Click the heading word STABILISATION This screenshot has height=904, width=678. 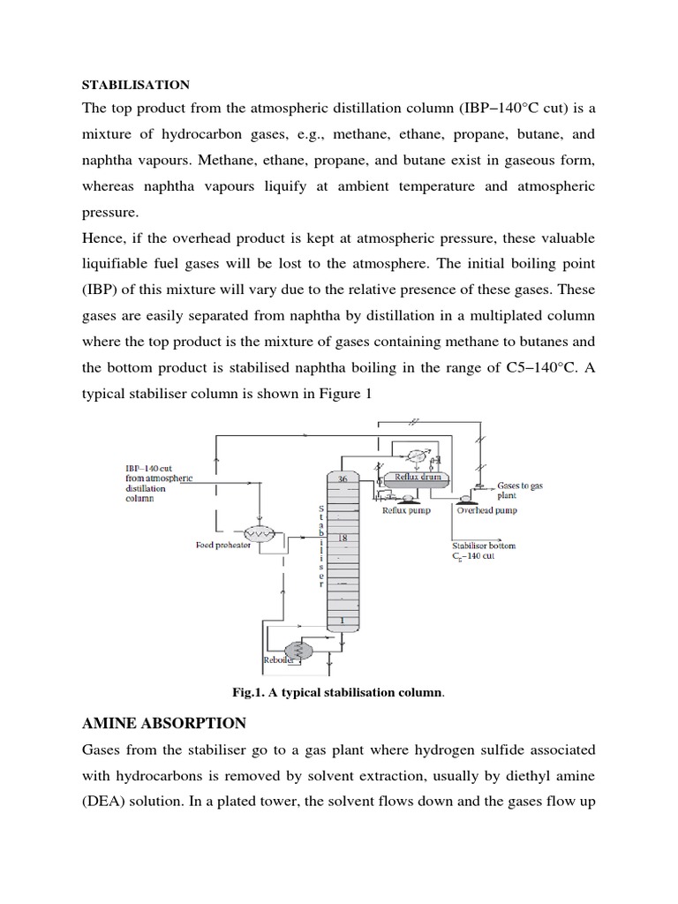pos(135,85)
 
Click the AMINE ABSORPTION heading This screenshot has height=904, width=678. pos(164,723)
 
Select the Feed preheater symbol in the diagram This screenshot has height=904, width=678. pos(260,534)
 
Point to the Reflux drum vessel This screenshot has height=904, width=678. pos(416,478)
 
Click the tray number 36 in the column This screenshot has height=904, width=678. pos(343,478)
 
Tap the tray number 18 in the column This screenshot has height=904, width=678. pos(344,537)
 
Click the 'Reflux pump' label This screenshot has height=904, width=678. pos(407,510)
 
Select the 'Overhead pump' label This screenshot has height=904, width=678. pos(486,510)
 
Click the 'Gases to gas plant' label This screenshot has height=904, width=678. pos(521,491)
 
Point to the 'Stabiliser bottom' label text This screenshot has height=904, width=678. pos(484,546)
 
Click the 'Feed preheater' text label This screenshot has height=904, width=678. pos(223,546)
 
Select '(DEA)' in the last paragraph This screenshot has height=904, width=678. pos(106,800)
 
